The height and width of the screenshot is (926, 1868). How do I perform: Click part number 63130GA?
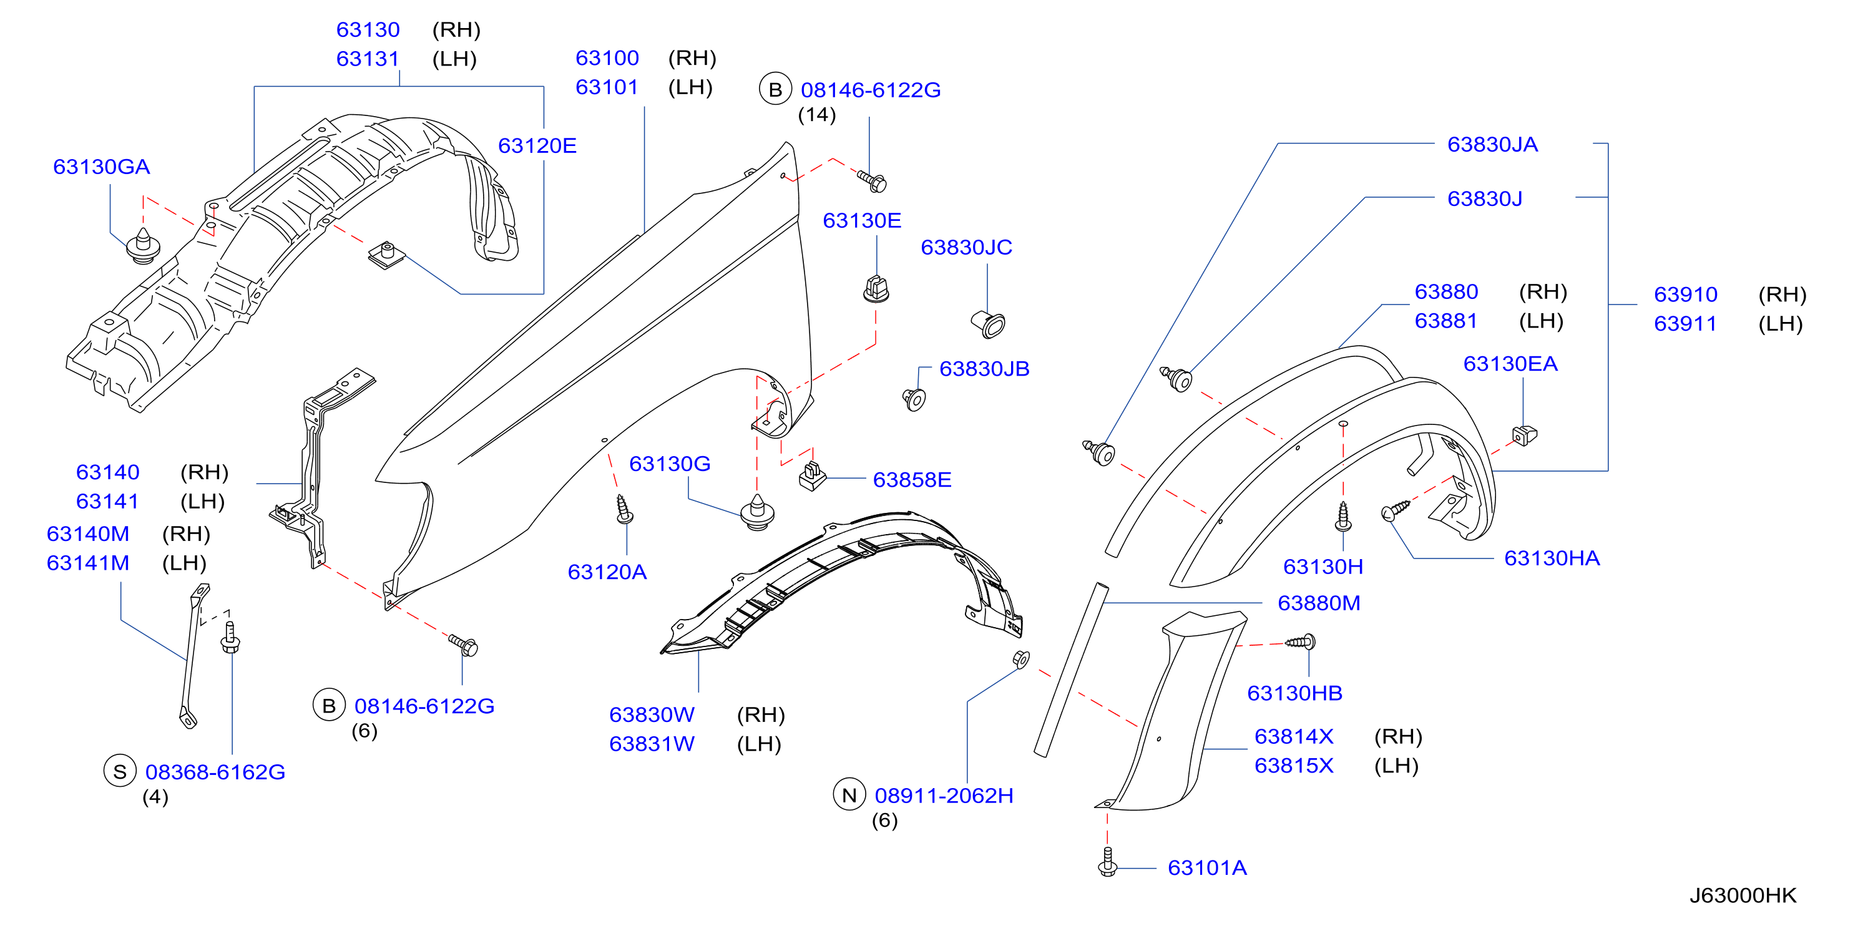pos(102,167)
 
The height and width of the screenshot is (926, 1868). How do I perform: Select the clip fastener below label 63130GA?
pos(143,246)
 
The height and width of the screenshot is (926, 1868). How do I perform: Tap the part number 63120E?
pos(537,146)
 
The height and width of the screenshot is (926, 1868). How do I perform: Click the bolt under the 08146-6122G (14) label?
pos(872,180)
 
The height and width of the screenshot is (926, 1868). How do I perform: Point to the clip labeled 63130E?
pos(876,290)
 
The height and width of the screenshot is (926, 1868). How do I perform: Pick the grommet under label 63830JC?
pos(989,324)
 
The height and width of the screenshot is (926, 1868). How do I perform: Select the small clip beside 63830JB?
pos(914,399)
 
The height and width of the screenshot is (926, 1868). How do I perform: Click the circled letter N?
pos(849,796)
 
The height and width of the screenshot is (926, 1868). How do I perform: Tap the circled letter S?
pos(120,771)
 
